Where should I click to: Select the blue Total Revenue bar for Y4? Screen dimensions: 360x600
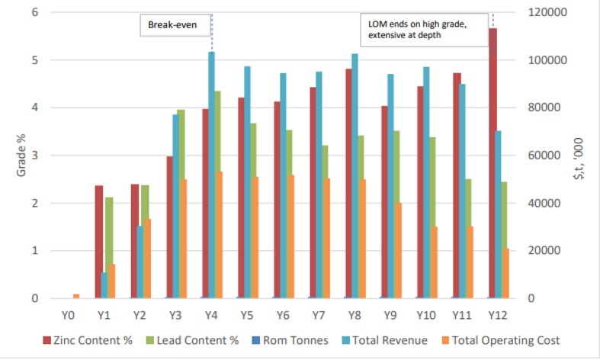click(x=212, y=175)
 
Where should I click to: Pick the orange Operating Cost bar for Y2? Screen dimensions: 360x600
click(x=148, y=259)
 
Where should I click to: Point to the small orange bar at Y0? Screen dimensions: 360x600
click(x=76, y=296)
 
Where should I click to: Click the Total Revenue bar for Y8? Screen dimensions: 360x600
click(x=355, y=176)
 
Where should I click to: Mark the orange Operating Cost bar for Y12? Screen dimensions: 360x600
click(x=505, y=273)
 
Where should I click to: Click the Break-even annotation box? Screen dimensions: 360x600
click(x=167, y=26)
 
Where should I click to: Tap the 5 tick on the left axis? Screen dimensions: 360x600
click(x=35, y=60)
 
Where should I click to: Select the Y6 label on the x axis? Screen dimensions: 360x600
click(x=283, y=314)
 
